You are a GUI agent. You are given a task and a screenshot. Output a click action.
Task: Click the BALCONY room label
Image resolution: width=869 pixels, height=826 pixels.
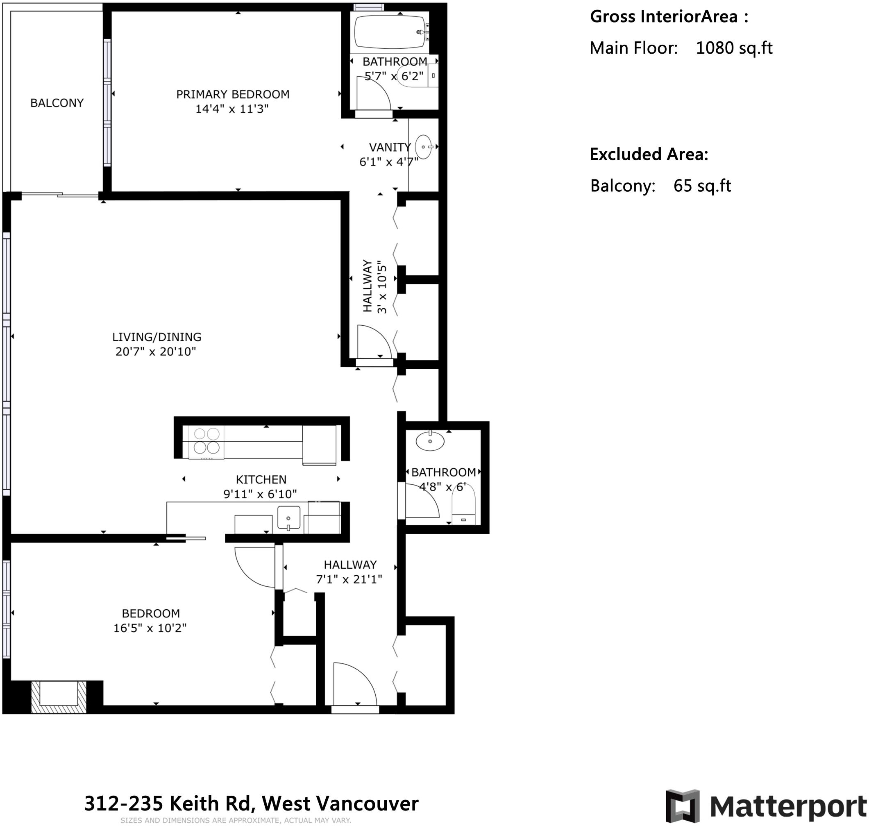pos(57,103)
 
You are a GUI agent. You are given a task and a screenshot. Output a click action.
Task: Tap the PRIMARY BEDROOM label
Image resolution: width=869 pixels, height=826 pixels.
pos(233,94)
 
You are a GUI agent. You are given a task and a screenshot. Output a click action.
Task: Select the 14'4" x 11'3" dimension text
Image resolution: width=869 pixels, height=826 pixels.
pos(232,109)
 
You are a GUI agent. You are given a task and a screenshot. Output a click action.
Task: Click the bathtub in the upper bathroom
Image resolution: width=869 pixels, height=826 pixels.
pos(390,32)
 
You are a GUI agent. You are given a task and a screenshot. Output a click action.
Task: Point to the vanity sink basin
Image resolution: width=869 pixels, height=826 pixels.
pos(424,147)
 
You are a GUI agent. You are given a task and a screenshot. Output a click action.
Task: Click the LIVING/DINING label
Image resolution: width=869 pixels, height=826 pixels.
pos(157,337)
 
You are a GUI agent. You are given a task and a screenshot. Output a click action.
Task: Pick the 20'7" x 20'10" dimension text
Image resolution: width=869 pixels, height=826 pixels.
pos(156,352)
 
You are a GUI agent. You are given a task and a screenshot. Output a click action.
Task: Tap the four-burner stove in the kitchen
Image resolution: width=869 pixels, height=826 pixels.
pos(206,441)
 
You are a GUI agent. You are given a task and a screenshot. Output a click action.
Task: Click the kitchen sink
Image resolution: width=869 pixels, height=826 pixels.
pos(289,517)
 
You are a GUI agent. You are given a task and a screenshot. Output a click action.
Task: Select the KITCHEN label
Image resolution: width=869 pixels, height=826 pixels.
pos(261,479)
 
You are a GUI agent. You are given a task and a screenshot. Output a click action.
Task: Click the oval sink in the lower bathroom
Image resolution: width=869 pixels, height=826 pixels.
pos(430,441)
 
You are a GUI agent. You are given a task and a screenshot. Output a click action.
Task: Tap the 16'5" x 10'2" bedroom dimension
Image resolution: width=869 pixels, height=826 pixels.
pos(150,628)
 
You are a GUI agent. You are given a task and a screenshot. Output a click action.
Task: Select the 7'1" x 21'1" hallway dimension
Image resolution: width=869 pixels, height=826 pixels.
pos(349,579)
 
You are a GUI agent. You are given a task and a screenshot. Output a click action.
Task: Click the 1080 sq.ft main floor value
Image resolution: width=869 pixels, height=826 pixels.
pos(734,48)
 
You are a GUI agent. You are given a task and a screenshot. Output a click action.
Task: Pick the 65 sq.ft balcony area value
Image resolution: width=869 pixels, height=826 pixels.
pos(702,186)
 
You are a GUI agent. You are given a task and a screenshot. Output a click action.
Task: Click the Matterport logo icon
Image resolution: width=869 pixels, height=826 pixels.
pos(682,806)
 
